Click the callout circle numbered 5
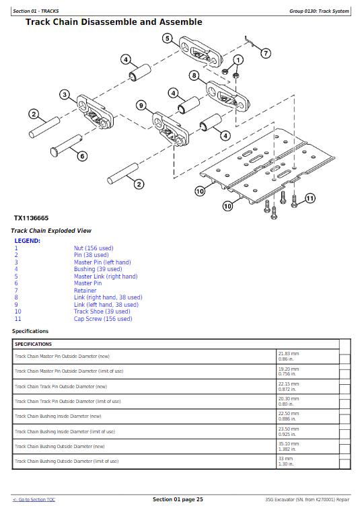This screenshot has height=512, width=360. click(168, 38)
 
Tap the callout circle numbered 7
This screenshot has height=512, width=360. click(266, 53)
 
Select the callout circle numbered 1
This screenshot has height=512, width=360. click(238, 60)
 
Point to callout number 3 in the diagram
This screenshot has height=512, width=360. click(65, 95)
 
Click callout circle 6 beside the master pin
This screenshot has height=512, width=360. click(82, 156)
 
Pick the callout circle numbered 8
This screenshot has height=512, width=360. click(194, 76)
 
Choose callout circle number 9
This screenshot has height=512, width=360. click(141, 106)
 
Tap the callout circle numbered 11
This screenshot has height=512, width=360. click(310, 198)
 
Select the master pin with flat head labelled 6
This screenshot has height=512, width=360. click(66, 145)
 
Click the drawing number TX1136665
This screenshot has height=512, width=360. click(31, 218)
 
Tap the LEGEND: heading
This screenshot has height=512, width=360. click(27, 241)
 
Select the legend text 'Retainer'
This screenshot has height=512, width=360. click(85, 290)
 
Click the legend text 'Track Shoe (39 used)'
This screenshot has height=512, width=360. click(102, 312)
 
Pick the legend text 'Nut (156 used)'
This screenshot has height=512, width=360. click(94, 248)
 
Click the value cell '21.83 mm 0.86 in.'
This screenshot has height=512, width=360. click(289, 356)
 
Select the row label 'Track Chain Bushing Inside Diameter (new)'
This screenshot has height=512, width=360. click(58, 416)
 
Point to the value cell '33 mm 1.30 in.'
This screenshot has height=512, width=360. click(286, 462)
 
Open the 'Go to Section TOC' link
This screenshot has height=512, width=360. click(34, 500)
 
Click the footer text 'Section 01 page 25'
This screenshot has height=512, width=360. click(178, 499)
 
